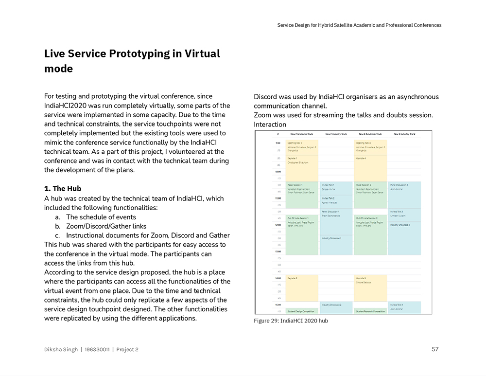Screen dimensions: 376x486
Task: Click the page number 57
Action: pyautogui.click(x=435, y=349)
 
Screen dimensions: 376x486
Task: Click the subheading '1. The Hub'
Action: pyautogui.click(x=63, y=189)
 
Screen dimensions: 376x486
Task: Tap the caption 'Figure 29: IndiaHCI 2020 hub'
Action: pyautogui.click(x=291, y=321)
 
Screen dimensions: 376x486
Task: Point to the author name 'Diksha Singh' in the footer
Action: pyautogui.click(x=61, y=349)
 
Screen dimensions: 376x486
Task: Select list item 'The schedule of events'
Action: pyautogui.click(x=101, y=217)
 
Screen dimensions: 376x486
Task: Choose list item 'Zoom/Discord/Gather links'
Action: pyautogui.click(x=106, y=226)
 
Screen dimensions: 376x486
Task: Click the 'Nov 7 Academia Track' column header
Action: pyautogui.click(x=302, y=134)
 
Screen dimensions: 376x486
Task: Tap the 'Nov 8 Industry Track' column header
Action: pyautogui.click(x=404, y=134)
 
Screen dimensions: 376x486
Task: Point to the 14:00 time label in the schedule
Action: pyautogui.click(x=278, y=278)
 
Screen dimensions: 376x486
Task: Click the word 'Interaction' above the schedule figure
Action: pyautogui.click(x=270, y=125)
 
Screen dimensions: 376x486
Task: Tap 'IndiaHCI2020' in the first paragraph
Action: pyautogui.click(x=67, y=106)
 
